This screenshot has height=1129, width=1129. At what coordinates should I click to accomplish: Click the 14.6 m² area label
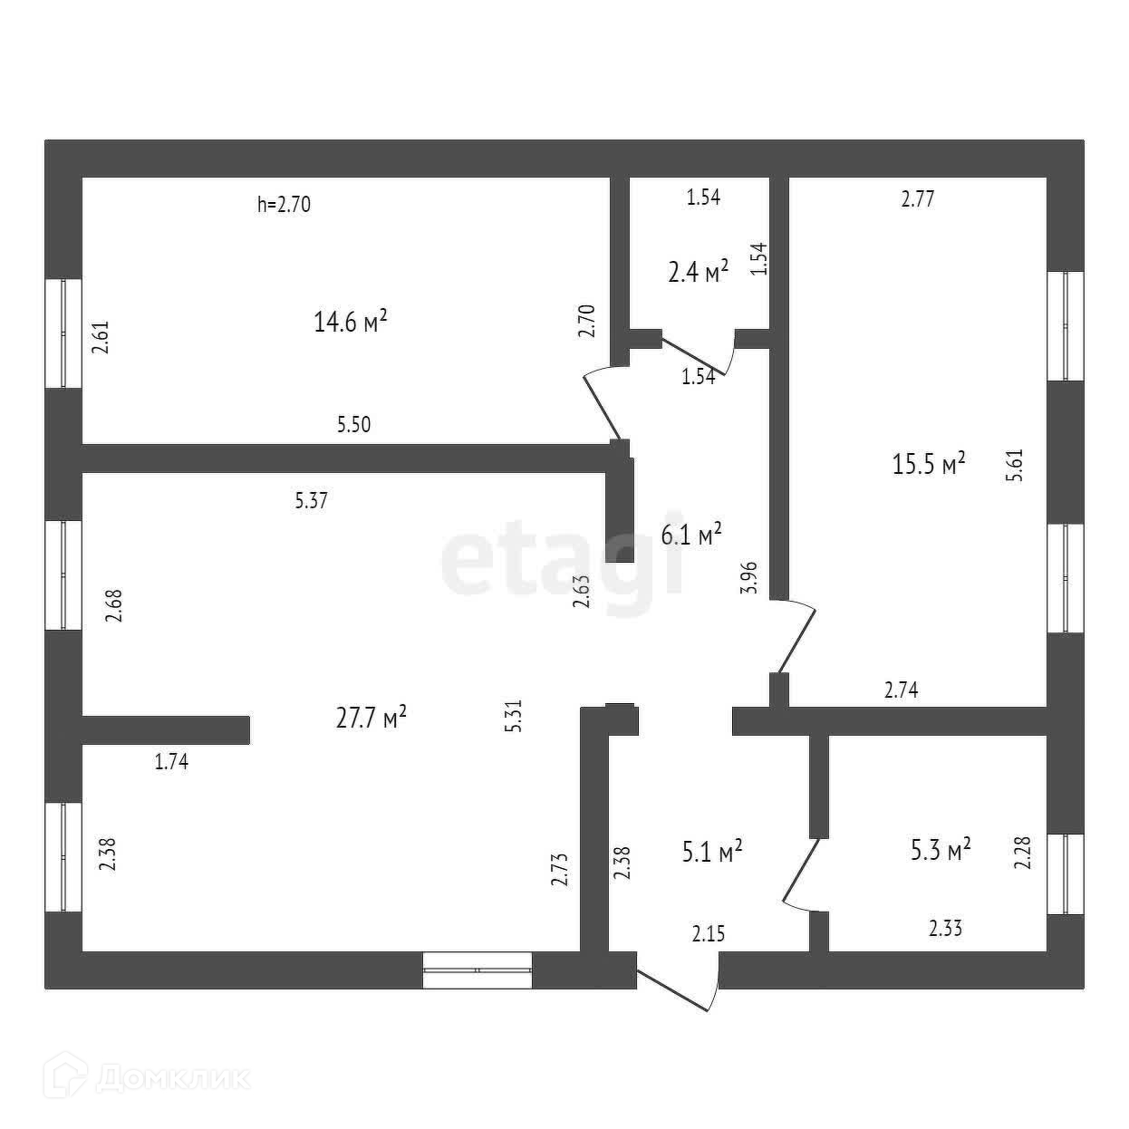click(x=351, y=322)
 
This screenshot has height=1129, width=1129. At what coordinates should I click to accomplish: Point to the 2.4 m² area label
click(x=699, y=272)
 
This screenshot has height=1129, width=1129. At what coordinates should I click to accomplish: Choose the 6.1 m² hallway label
click(x=690, y=536)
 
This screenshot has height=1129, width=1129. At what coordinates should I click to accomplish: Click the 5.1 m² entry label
click(x=711, y=851)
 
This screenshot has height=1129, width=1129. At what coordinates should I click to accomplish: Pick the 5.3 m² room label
click(x=941, y=850)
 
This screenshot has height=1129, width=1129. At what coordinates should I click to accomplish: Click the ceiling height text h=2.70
click(x=284, y=205)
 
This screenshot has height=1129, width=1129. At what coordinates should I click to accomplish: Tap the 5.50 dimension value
click(x=353, y=424)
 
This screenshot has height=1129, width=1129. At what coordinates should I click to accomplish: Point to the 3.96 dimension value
click(x=748, y=577)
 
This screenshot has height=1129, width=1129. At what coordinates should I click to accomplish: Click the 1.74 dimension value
click(x=171, y=762)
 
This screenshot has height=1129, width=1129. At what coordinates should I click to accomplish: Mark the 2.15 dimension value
click(x=709, y=933)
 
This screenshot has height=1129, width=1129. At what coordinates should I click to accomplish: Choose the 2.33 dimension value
click(x=945, y=928)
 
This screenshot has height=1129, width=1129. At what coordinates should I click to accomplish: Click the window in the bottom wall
click(x=478, y=970)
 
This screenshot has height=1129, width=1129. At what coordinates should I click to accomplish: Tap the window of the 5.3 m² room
click(x=1066, y=874)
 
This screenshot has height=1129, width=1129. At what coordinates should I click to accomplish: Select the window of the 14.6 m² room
click(x=63, y=333)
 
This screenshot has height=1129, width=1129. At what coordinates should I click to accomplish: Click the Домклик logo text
click(x=153, y=1078)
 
